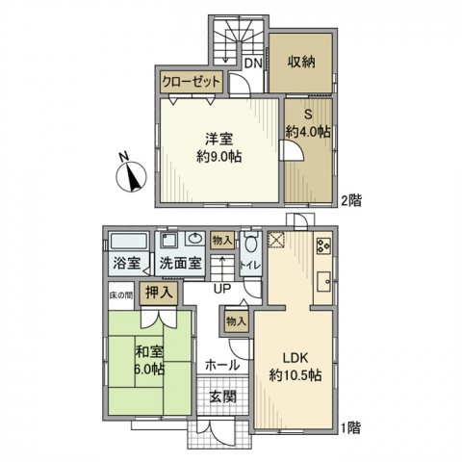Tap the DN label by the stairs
(253, 63)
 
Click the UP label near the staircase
(222, 289)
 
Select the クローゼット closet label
(192, 83)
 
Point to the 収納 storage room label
(301, 62)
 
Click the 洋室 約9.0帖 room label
(219, 147)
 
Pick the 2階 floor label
(351, 201)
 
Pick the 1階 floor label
(350, 427)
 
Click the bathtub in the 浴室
(129, 241)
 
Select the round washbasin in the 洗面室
(195, 239)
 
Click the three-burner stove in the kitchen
(323, 245)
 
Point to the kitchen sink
(323, 282)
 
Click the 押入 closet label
(159, 293)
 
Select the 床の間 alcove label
(121, 295)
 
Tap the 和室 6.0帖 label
(149, 361)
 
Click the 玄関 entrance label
(222, 396)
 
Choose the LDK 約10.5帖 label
(295, 366)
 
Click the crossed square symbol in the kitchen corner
(276, 240)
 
